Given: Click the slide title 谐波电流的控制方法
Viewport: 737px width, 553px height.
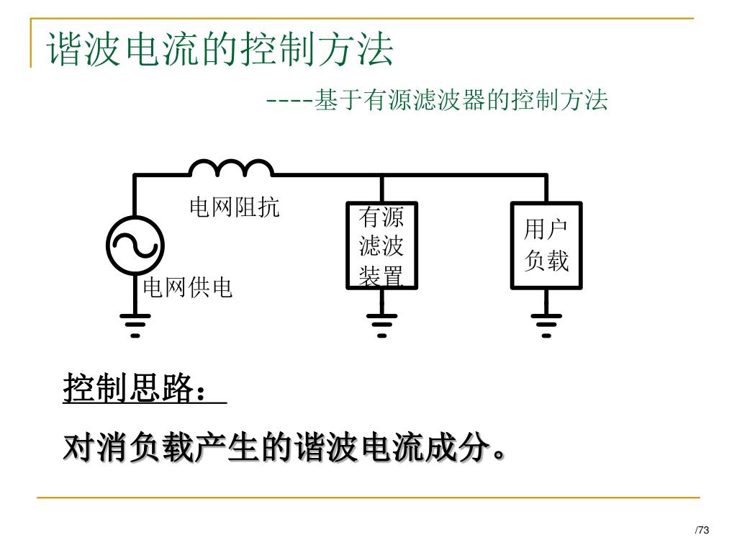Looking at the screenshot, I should pos(221,49).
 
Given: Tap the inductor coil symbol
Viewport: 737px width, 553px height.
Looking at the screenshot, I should pos(230,168).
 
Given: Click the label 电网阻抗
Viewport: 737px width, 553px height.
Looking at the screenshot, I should pos(234,208).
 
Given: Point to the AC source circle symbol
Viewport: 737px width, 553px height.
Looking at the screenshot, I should pos(135,246).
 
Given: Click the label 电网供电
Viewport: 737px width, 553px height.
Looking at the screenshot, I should pos(188,288).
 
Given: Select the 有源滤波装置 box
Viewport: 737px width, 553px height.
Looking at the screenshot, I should pos(381,245).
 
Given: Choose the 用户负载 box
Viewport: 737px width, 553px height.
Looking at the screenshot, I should pos(546,245).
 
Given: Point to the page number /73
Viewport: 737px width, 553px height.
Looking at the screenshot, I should pos(702,531).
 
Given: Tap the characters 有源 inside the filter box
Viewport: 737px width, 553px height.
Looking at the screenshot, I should pos(381,217).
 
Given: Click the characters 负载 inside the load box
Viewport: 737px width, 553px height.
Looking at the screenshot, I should pos(546,260).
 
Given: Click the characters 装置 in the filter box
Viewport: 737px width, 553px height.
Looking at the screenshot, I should pos(381,276).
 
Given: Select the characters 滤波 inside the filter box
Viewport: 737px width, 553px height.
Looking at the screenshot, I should pos(381,246).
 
